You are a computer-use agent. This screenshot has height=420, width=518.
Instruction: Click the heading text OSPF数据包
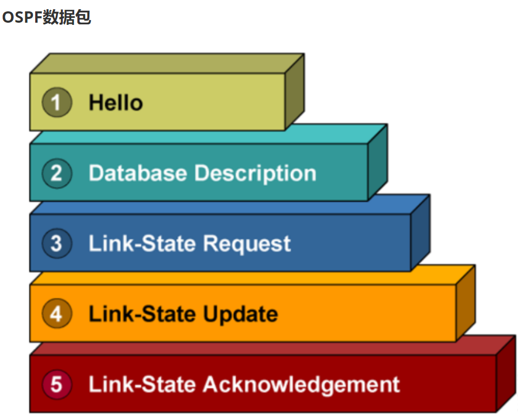[x=47, y=17]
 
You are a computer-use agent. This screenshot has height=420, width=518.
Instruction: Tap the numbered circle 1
[x=57, y=103]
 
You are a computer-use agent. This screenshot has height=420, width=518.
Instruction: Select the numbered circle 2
[x=57, y=173]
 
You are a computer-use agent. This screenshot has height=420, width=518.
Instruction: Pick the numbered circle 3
[x=57, y=243]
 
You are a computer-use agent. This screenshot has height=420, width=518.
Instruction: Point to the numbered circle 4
[x=57, y=314]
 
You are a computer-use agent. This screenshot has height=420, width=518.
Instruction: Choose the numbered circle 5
[x=57, y=384]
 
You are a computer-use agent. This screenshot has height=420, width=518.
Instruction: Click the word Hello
[x=116, y=103]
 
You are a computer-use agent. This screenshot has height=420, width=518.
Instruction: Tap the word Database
[x=138, y=173]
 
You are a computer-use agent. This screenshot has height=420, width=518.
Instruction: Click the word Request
[x=247, y=244]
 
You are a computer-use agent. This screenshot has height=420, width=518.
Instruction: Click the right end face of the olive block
[x=294, y=92]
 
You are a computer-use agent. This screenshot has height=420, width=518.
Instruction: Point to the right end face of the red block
[x=506, y=374]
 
